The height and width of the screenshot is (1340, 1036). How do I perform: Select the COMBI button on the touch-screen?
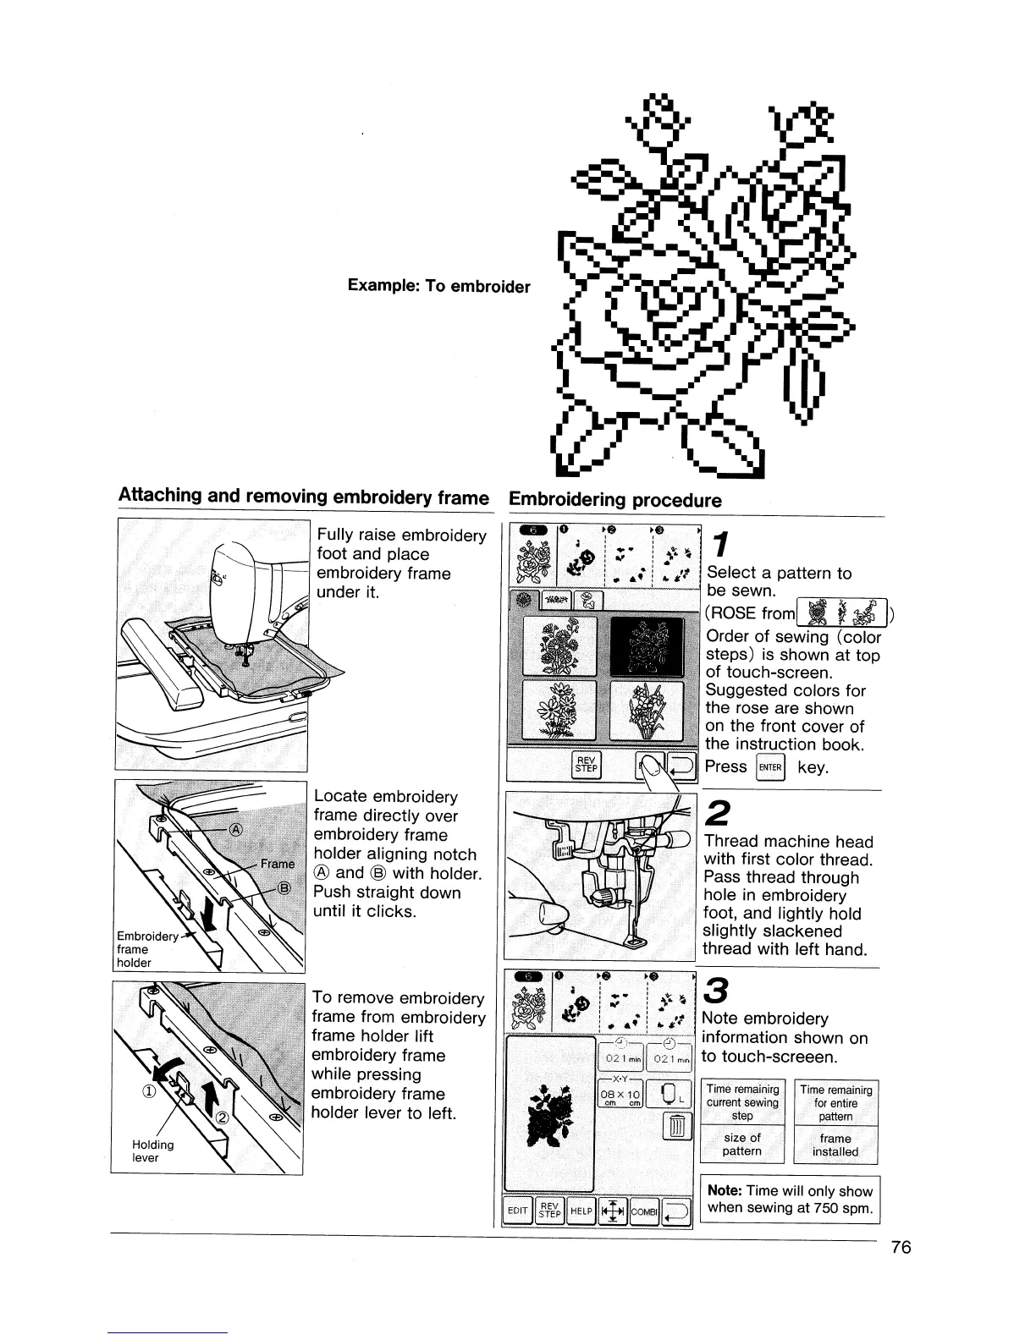click(644, 1211)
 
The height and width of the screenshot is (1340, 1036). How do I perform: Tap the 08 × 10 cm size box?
click(620, 1094)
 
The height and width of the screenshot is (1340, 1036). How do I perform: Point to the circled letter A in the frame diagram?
click(238, 830)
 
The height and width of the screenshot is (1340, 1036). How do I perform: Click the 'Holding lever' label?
click(152, 1151)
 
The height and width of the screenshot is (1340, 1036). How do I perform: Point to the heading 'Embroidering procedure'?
click(614, 500)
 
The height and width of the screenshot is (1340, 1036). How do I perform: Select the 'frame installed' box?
click(835, 1145)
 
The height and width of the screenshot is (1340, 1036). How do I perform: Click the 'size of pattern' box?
click(741, 1145)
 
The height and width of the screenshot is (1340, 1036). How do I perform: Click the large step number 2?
click(716, 813)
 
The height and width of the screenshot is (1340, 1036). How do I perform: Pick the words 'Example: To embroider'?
click(438, 286)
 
